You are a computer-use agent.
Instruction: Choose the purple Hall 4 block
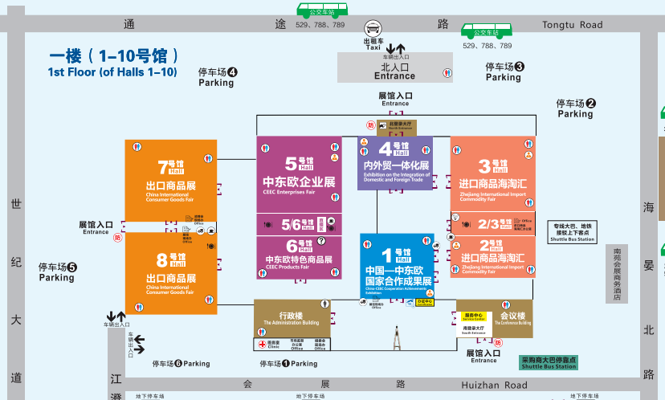pos(394,162)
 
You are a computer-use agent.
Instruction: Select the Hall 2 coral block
pos(492,257)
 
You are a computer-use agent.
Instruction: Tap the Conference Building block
pos(494,318)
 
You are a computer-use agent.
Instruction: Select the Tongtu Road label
pos(572,25)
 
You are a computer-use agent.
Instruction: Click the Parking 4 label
pos(217,77)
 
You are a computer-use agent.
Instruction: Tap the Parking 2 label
pos(576,108)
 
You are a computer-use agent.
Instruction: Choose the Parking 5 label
pos(57,272)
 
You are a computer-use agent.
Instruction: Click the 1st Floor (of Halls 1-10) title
pos(112,63)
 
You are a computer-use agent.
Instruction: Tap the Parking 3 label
pos(504,72)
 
